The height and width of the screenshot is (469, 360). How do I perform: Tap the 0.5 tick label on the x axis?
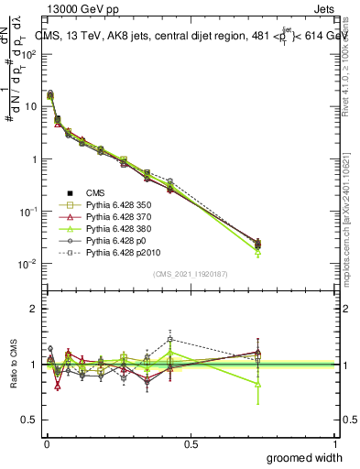191,443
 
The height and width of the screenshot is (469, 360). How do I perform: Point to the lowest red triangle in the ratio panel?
58,386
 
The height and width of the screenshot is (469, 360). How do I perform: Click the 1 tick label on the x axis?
335,443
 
